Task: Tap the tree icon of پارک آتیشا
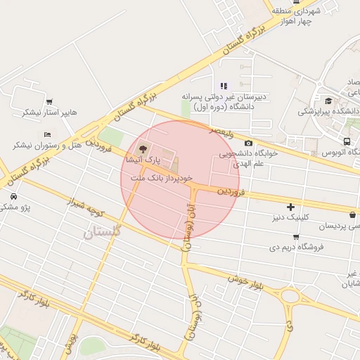tap(143, 148)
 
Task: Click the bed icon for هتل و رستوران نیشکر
tap(47, 134)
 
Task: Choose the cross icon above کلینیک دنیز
tap(290, 206)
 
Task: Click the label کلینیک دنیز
tap(292, 219)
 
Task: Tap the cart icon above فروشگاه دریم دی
tap(296, 236)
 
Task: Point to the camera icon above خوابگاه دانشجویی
tap(249, 143)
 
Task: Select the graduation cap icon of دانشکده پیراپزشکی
tap(328, 101)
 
